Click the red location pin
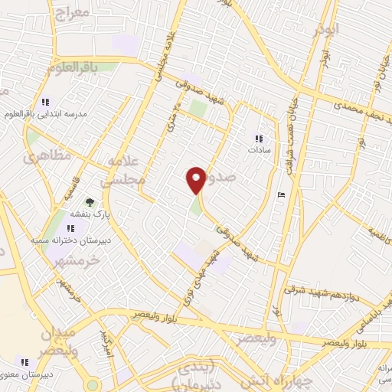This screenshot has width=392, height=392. (x=196, y=180)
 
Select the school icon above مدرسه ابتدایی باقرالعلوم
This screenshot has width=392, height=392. (x=44, y=102)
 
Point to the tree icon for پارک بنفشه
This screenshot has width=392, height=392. (x=91, y=203)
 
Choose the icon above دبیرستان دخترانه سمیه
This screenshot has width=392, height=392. (x=73, y=228)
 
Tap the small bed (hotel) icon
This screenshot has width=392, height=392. (x=281, y=194)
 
